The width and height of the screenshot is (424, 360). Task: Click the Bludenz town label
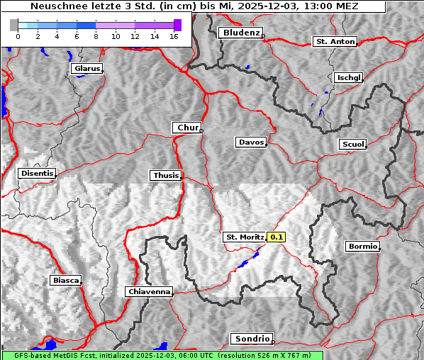tap(240, 33)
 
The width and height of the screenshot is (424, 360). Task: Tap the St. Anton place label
tap(334, 42)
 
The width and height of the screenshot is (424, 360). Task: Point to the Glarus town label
tap(87, 69)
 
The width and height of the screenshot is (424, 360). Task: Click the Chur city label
tap(187, 128)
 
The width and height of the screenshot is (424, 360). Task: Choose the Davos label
tap(251, 142)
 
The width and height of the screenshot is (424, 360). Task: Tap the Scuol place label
tap(352, 145)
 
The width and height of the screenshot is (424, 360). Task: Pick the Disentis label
tap(37, 173)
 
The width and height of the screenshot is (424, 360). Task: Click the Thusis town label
tap(166, 175)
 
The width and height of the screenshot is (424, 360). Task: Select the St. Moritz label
tap(244, 237)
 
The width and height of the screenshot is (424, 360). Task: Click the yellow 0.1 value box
tap(277, 237)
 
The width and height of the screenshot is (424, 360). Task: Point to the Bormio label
tap(362, 247)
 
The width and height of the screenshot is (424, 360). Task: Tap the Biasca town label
tap(65, 280)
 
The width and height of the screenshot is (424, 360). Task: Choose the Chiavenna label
tap(149, 291)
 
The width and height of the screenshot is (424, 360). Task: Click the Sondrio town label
tap(251, 339)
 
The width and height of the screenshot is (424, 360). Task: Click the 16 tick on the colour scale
tap(173, 36)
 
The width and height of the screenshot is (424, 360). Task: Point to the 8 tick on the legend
tap(96, 36)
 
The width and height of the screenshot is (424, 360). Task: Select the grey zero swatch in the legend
tap(14, 25)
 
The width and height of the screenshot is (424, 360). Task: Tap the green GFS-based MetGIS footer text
tap(161, 355)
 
